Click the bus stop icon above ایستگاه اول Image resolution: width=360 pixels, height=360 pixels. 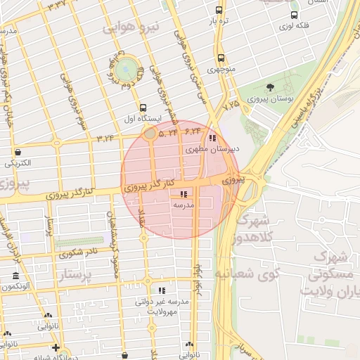pyautogui.click(x=143, y=108)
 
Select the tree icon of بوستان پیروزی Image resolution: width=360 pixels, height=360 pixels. pyautogui.click(x=270, y=87)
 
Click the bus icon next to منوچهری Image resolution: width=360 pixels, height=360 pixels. pyautogui.click(x=221, y=58)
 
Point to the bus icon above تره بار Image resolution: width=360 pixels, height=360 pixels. pyautogui.click(x=219, y=11)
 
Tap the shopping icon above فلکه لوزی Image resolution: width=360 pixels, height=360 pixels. pyautogui.click(x=294, y=15)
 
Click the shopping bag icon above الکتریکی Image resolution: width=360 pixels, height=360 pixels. pyautogui.click(x=17, y=151)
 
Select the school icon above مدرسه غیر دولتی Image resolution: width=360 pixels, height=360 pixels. pyautogui.click(x=162, y=290)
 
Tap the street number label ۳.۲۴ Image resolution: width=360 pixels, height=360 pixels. pyautogui.click(x=105, y=137)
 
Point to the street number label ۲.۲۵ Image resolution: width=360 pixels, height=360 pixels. pyautogui.click(x=231, y=105)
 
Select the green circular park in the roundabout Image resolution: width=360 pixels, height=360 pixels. pyautogui.click(x=127, y=69)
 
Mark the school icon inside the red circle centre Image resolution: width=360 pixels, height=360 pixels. pyautogui.click(x=184, y=193)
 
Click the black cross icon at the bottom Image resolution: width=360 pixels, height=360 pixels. pyautogui.click(x=56, y=347)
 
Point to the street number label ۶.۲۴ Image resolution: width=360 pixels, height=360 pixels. pyautogui.click(x=193, y=131)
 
